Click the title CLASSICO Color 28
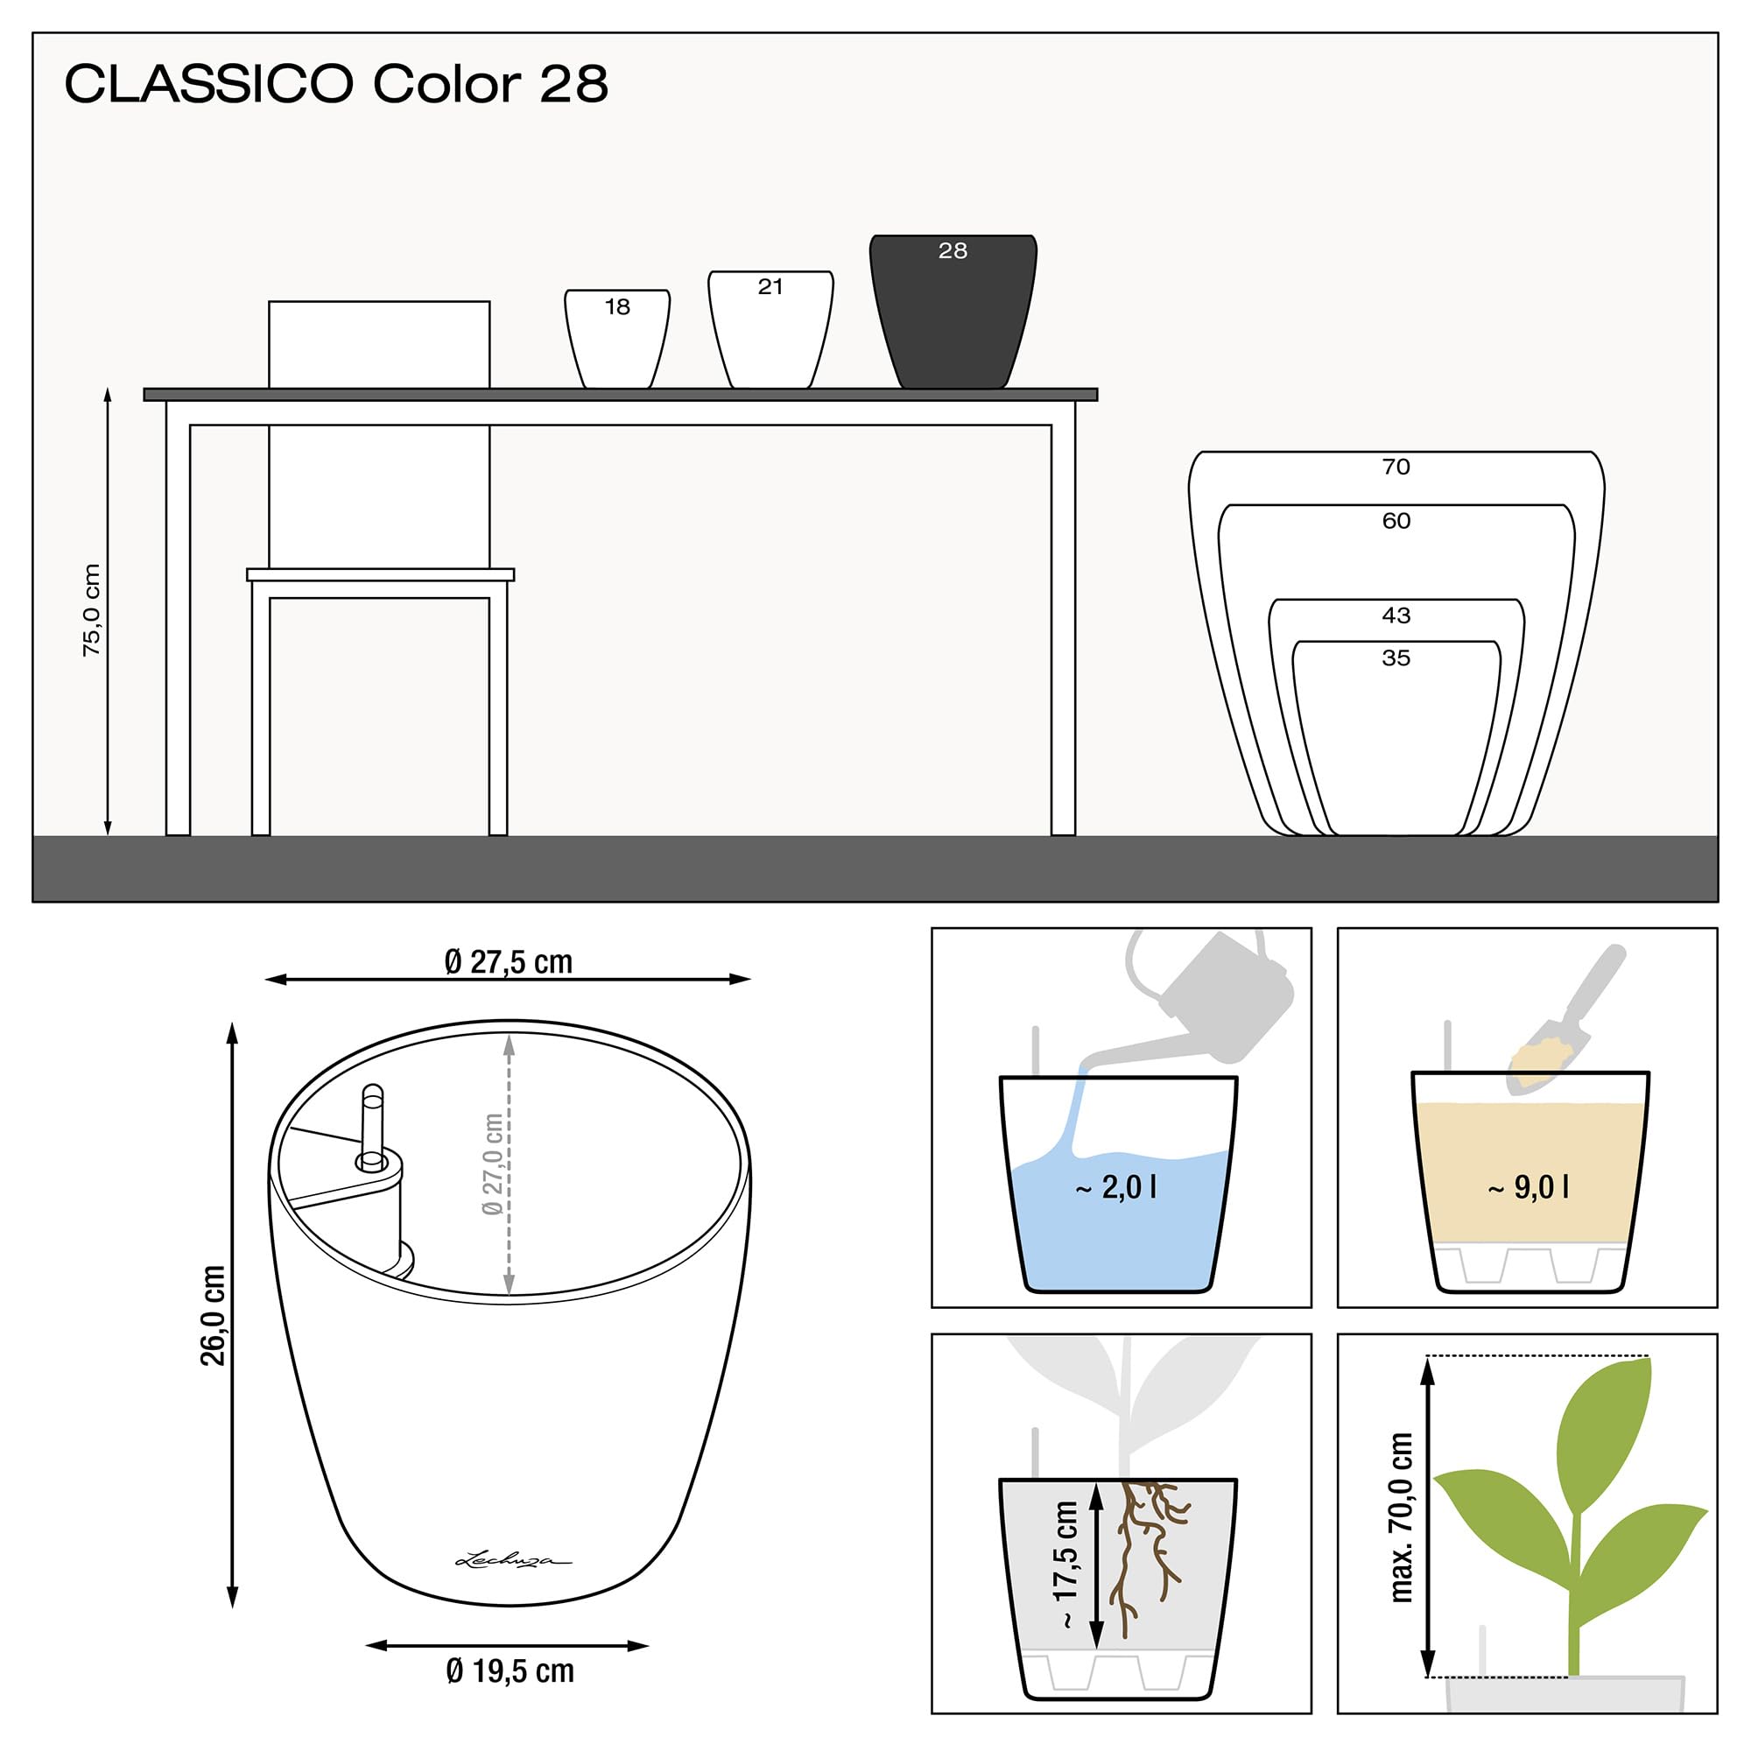(x=335, y=84)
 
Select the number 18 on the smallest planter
(x=617, y=307)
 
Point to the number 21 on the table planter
(x=770, y=287)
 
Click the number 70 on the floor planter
(x=1396, y=467)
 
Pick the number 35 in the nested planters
(x=1396, y=658)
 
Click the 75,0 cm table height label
(x=92, y=609)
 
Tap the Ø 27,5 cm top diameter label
(x=509, y=961)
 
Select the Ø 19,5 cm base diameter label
(x=510, y=1670)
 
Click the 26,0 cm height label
(x=214, y=1315)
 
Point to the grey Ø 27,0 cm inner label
(x=492, y=1164)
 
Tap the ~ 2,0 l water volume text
(x=1115, y=1187)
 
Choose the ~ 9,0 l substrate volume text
(x=1529, y=1187)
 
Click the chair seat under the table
(x=381, y=574)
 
